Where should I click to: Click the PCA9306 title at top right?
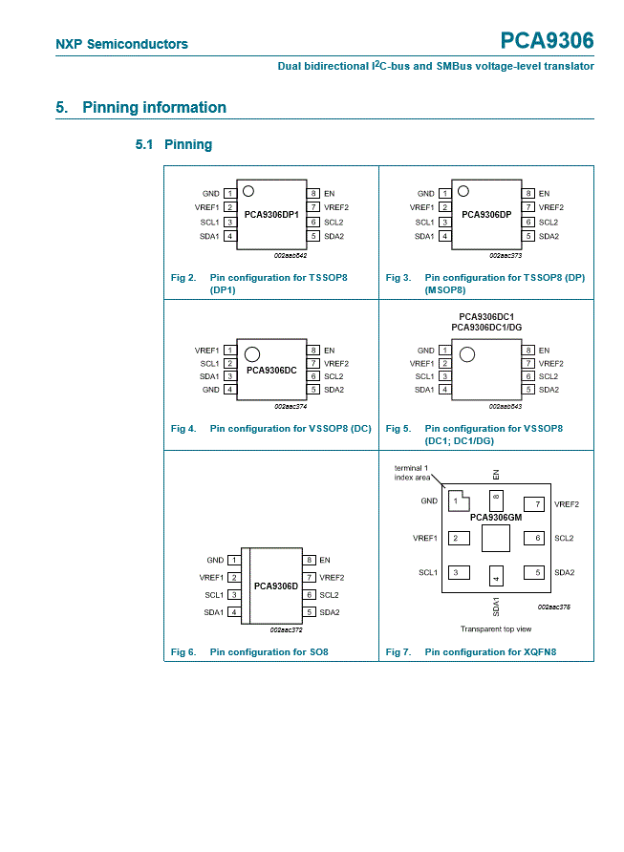(x=547, y=41)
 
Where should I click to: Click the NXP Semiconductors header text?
(x=121, y=44)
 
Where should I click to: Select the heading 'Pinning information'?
(x=155, y=107)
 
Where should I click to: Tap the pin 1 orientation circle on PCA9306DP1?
(x=248, y=191)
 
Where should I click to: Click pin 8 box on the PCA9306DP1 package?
(x=313, y=194)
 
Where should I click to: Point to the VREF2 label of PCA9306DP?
(x=551, y=207)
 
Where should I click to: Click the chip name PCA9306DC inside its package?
(x=271, y=370)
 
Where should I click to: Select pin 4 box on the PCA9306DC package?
(x=230, y=390)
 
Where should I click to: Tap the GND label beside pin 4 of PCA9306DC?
(x=211, y=390)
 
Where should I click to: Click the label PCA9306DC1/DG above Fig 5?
(x=486, y=327)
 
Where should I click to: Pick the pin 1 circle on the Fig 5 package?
(x=467, y=354)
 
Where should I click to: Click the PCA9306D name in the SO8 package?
(x=276, y=586)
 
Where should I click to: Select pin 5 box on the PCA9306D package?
(x=309, y=612)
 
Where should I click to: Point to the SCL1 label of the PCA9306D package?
(x=214, y=595)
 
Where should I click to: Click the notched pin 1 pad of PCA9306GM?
(x=459, y=501)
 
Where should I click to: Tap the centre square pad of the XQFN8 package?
(x=496, y=538)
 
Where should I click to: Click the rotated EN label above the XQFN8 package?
(x=496, y=475)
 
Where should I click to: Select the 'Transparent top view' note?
(x=496, y=628)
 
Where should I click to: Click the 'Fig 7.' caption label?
(x=398, y=652)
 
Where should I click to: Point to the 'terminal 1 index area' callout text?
(x=412, y=473)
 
